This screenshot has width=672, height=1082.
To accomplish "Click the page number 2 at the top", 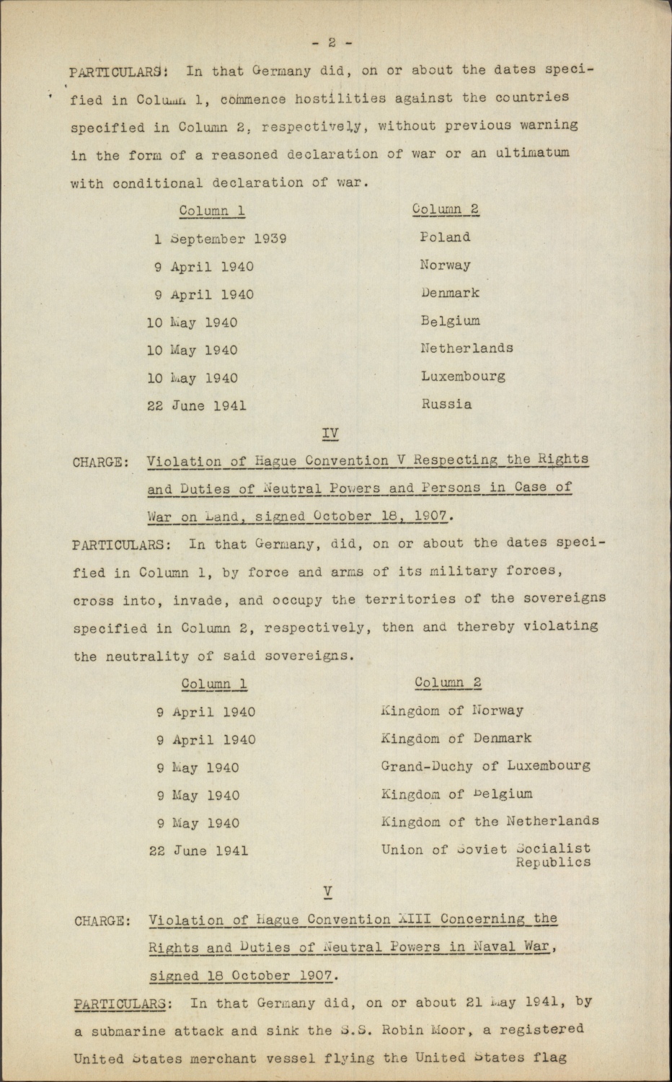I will point(332,43).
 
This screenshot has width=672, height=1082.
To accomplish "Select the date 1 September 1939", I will point(220,239).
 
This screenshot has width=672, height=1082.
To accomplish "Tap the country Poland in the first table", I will point(445,237).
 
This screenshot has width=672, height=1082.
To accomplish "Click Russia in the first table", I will point(446,405).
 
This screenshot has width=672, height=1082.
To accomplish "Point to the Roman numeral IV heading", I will point(330,433).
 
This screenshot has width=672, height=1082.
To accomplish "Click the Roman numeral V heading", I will point(328,892).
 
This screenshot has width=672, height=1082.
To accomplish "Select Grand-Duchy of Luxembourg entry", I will point(485,766).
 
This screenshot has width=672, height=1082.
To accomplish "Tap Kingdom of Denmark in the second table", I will point(456,739).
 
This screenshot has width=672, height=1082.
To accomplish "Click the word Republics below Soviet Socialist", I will point(553,863).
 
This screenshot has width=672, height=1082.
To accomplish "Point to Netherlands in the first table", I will point(467,348).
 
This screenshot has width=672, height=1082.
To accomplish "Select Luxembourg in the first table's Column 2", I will point(463,377).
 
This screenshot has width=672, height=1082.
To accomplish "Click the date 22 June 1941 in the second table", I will point(198,851).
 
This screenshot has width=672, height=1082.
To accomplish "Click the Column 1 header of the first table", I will point(212,211).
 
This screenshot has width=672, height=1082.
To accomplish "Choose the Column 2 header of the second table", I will point(448,682).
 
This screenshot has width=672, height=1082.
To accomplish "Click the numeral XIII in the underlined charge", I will point(415,920).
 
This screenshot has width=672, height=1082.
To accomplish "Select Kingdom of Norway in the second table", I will point(452,711).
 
